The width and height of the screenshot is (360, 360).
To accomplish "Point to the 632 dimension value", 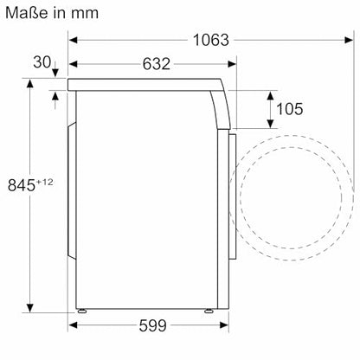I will [153, 65].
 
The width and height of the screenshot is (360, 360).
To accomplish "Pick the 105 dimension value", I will [289, 109].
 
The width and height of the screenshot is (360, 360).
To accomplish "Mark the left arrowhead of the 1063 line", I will [73, 40].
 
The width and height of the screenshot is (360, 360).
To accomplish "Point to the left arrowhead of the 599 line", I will [73, 326].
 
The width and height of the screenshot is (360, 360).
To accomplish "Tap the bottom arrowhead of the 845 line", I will [31, 306].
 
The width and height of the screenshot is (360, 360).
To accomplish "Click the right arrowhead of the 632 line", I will [232, 65].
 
